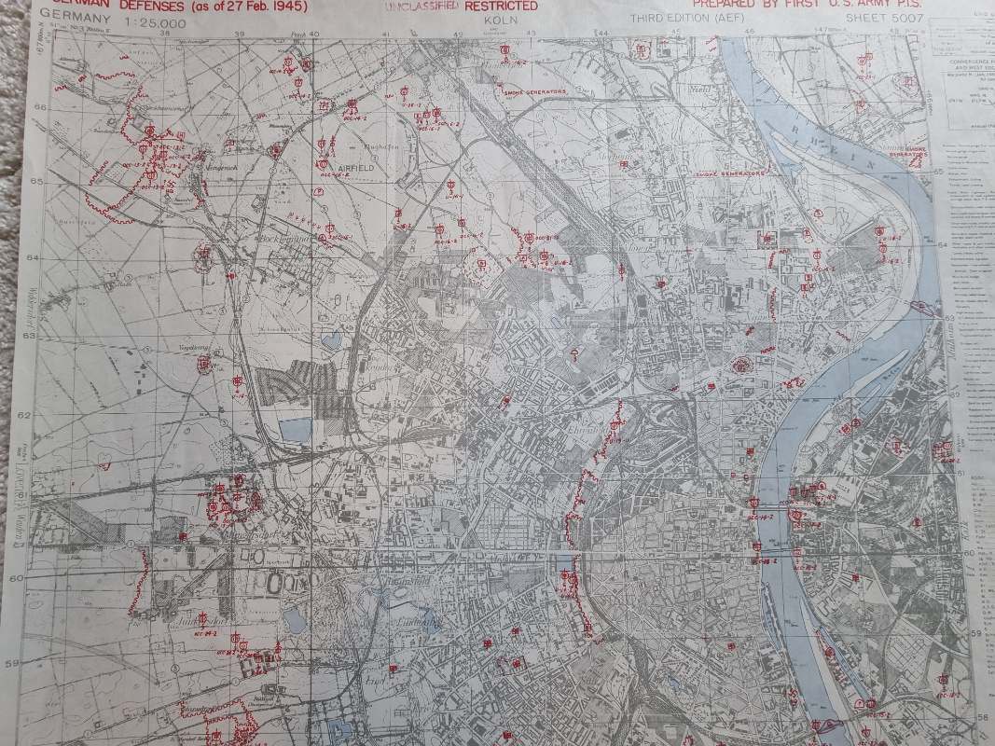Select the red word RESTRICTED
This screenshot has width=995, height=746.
[504, 7]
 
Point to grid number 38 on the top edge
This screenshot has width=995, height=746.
[165, 35]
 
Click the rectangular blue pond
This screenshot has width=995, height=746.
[295, 430]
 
